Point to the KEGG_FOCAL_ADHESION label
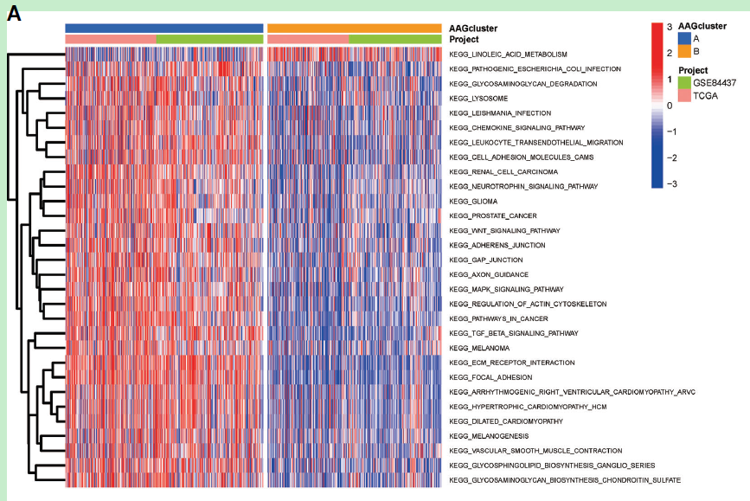click(490, 377)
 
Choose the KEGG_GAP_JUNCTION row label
click(485, 260)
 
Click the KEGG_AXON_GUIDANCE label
click(489, 274)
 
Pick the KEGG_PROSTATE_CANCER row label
click(493, 215)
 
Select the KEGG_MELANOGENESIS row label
click(489, 436)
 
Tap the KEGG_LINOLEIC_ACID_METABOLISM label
click(508, 55)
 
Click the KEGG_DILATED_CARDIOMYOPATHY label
click(506, 421)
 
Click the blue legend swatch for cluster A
click(683, 38)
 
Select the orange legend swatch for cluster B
click(683, 51)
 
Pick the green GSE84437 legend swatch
click(683, 82)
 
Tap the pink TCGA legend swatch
click(683, 95)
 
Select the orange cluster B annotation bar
click(355, 28)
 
